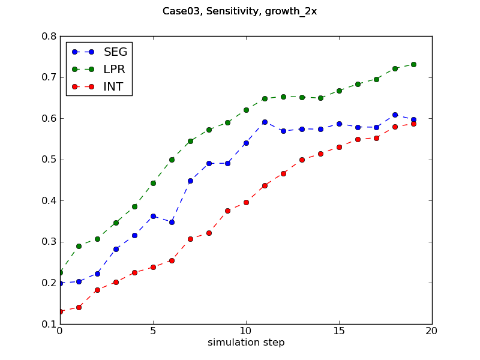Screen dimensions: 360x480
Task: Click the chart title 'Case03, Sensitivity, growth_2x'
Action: tap(240, 12)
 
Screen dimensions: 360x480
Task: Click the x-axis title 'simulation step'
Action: tap(246, 343)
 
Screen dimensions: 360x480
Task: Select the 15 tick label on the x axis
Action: tap(339, 331)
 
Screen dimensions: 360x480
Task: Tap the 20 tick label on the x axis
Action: tap(432, 331)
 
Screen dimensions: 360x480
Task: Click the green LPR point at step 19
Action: tap(413, 64)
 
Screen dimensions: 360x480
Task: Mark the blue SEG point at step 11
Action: tap(265, 122)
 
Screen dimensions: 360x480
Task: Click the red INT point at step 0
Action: tap(60, 311)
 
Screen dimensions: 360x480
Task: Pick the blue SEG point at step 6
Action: tap(172, 222)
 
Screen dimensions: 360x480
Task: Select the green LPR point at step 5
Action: tap(153, 183)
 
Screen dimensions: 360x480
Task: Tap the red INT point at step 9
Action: tap(227, 211)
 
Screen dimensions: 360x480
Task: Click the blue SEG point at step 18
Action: tap(395, 115)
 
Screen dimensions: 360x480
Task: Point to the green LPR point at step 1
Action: tap(79, 246)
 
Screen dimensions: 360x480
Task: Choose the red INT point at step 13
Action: tap(302, 160)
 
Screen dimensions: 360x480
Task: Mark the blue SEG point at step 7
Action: tap(190, 181)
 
